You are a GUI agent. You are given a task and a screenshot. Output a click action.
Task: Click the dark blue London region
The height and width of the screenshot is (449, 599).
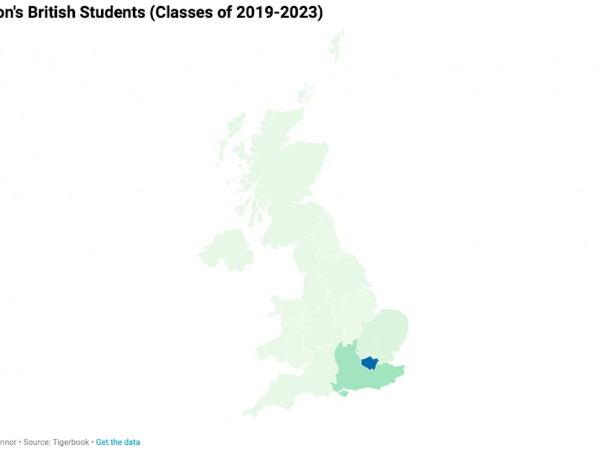pyautogui.click(x=370, y=363)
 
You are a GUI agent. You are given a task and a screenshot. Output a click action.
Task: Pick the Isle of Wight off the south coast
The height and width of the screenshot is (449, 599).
pyautogui.click(x=342, y=393)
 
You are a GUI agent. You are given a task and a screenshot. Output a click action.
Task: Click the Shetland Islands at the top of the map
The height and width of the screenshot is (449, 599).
pyautogui.click(x=337, y=45)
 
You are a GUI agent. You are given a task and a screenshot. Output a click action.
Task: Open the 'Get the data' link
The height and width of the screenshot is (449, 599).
pyautogui.click(x=118, y=442)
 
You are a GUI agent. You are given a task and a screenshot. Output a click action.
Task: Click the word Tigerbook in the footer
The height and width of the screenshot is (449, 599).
pyautogui.click(x=72, y=442)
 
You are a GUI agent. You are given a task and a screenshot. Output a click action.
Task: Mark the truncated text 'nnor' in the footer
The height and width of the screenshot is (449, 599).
pyautogui.click(x=8, y=442)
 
